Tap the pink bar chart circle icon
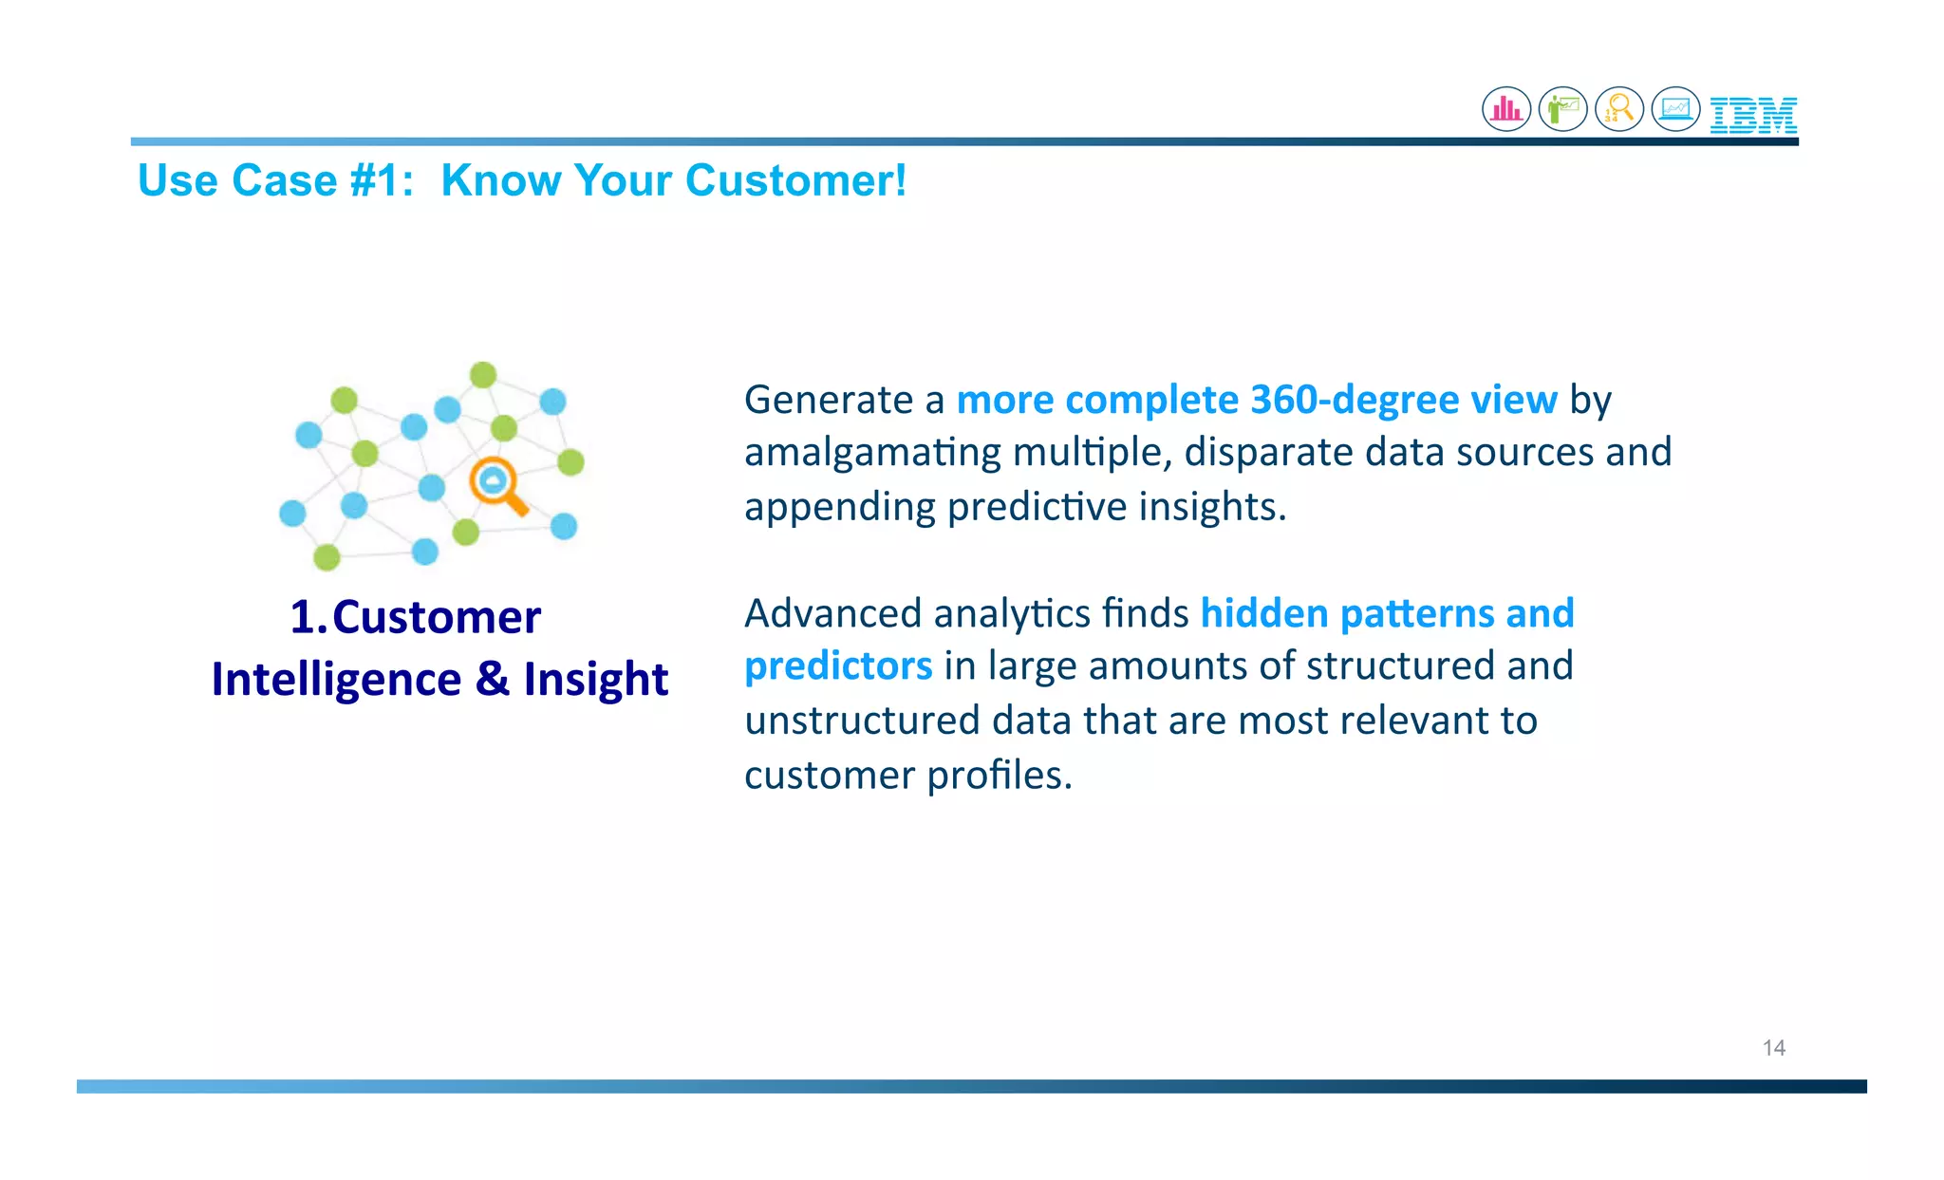tap(1506, 109)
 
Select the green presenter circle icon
tap(1562, 109)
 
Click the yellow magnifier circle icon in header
tap(1619, 109)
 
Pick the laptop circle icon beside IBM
tap(1675, 109)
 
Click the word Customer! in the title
tap(795, 180)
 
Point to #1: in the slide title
tap(382, 180)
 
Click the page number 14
tap(1773, 1048)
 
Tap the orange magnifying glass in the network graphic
tap(497, 485)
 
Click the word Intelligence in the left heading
tap(336, 680)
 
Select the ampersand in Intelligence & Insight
tap(492, 680)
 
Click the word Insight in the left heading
tap(595, 680)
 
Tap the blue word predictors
tap(838, 666)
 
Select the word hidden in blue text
tap(1263, 613)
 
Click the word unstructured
tap(861, 721)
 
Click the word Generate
tap(829, 400)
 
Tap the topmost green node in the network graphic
tap(483, 375)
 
